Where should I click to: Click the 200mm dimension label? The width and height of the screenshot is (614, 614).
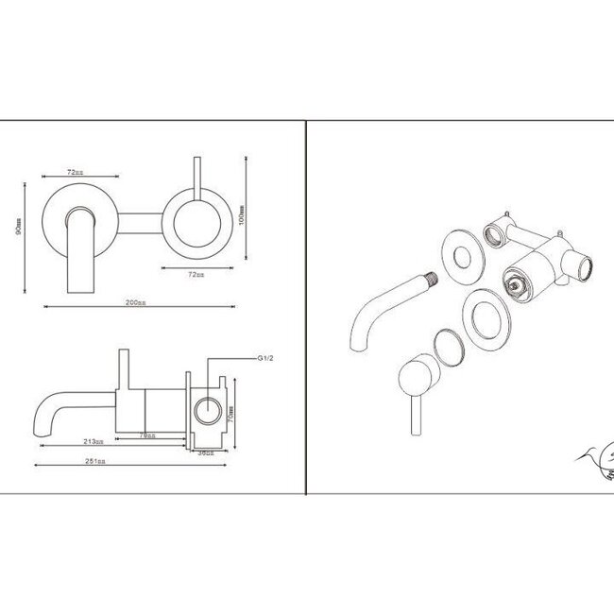point(135,302)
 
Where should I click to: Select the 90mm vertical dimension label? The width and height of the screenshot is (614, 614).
point(18,230)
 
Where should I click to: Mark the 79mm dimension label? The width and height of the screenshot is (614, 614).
point(145,435)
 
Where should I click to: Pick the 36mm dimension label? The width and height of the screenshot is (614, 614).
point(204,452)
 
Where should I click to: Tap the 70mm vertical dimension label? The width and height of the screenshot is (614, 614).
point(231,413)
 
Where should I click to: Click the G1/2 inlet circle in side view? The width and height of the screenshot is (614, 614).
point(205,411)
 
